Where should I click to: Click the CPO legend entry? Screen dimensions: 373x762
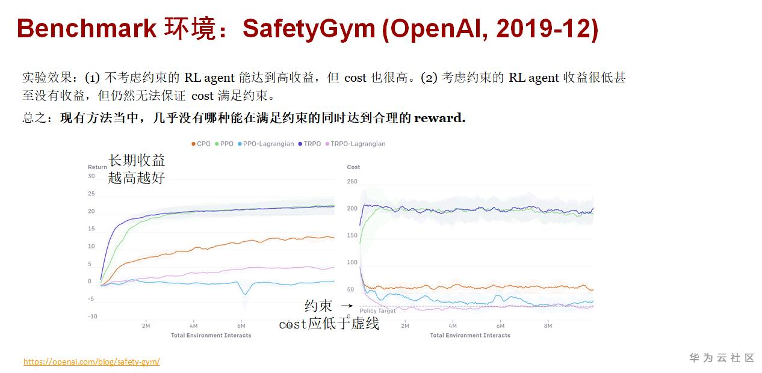tap(201, 144)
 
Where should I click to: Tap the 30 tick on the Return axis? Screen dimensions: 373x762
tap(91, 176)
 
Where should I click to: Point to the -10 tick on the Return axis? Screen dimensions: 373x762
tap(92, 316)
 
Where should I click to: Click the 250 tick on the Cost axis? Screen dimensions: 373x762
tap(352, 182)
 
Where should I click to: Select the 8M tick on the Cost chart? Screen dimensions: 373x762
tap(547, 326)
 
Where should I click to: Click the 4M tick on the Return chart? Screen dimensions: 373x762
tap(193, 326)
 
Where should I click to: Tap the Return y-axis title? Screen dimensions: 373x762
tap(98, 167)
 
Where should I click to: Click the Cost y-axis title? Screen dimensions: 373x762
tap(353, 167)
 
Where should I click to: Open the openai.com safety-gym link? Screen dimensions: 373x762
tap(91, 362)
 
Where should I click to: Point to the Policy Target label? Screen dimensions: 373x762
tap(378, 311)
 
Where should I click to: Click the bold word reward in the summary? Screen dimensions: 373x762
tap(439, 118)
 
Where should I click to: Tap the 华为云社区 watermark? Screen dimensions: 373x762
tap(722, 358)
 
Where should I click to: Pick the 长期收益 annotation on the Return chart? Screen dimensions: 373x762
tap(137, 161)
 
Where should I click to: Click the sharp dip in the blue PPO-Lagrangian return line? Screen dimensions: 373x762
tap(244, 293)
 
